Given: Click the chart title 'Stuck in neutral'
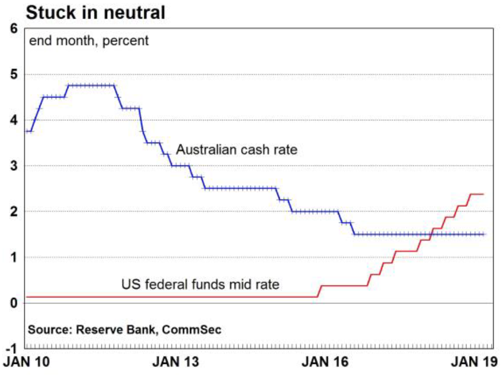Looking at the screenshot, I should pos(96,12).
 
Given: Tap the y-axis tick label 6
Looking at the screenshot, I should pos(14,29).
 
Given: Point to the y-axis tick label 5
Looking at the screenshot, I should pos(14,74).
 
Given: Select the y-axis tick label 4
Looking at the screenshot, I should pos(14,120).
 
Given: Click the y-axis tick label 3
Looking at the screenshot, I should pos(14,166).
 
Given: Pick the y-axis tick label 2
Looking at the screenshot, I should pos(14,212).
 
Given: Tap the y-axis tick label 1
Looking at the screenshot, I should pos(14,257).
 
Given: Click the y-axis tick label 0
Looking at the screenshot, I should pos(14,303).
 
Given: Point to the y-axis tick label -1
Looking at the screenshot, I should pos(12,348).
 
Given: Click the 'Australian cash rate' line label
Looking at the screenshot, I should pos(237,150).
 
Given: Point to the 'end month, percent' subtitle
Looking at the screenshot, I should pos(89,40).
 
